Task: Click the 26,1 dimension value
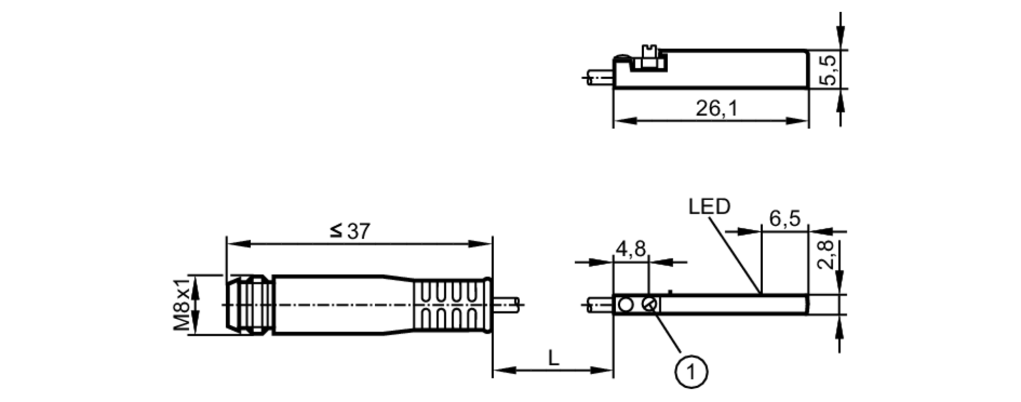coord(716,108)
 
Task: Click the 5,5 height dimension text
coord(828,69)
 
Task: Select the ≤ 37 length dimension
coord(350,231)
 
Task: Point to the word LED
coord(709,206)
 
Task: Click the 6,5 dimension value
coord(785,219)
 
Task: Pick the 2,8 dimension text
coord(825,255)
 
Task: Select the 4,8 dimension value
coord(630,249)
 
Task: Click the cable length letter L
coord(553,358)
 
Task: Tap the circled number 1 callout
coord(691,371)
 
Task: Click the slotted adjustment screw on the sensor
coord(649,304)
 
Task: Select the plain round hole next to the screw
coord(625,305)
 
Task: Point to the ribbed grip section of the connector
coord(449,305)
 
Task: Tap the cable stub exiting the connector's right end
coord(506,304)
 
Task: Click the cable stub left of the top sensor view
coord(600,78)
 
